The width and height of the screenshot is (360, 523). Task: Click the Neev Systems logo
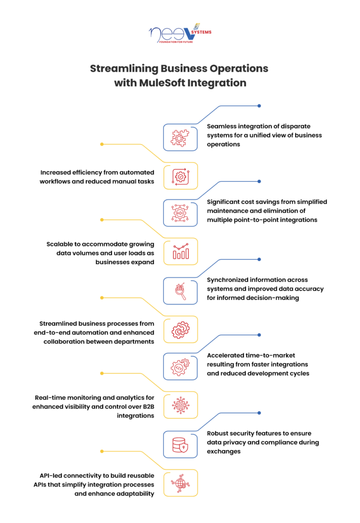(x=180, y=33)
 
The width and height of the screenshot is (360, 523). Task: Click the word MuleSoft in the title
(x=162, y=83)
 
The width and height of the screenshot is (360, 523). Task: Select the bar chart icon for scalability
(x=181, y=251)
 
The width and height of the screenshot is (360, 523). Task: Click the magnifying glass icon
(x=180, y=291)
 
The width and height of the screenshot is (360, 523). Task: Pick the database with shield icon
(x=180, y=445)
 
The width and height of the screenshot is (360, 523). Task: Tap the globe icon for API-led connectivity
(x=180, y=483)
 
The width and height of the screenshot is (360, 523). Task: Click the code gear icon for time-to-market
(x=180, y=367)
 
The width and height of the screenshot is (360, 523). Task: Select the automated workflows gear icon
(x=180, y=176)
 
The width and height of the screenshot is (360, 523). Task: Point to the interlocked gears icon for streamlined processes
(x=180, y=330)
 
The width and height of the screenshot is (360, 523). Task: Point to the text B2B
(x=148, y=407)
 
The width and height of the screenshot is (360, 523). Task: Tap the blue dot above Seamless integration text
(x=259, y=106)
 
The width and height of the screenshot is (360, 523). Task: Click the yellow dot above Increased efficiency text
(x=102, y=144)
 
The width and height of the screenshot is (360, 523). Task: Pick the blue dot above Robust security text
(x=259, y=413)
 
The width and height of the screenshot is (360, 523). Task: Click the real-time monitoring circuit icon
(x=180, y=405)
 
